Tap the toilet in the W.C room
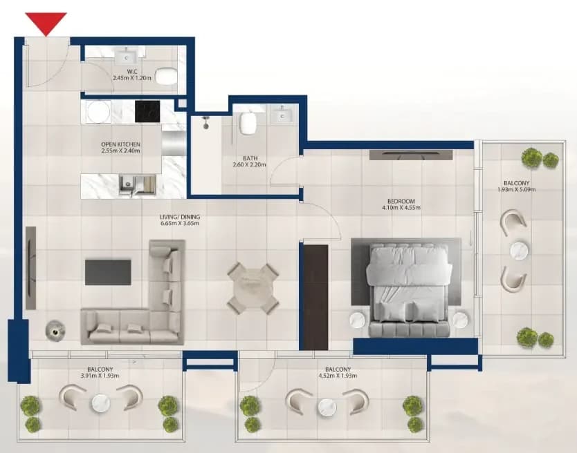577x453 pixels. pyautogui.click(x=166, y=77)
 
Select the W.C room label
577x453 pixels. pyautogui.click(x=132, y=72)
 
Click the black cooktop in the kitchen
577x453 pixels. pyautogui.click(x=147, y=111)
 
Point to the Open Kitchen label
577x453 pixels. pyautogui.click(x=120, y=144)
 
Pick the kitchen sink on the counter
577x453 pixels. pyautogui.click(x=127, y=184)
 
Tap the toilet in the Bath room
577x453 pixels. pyautogui.click(x=247, y=123)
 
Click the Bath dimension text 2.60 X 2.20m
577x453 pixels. pyautogui.click(x=249, y=164)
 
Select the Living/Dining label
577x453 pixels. pyautogui.click(x=180, y=217)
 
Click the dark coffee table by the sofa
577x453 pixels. pyautogui.click(x=108, y=272)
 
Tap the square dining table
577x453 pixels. pyautogui.click(x=253, y=288)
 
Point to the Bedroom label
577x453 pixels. pyautogui.click(x=401, y=202)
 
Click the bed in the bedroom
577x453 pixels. pyautogui.click(x=408, y=291)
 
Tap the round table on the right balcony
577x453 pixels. pyautogui.click(x=519, y=251)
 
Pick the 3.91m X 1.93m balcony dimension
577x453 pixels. pyautogui.click(x=100, y=376)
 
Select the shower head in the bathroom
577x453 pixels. pyautogui.click(x=205, y=122)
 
